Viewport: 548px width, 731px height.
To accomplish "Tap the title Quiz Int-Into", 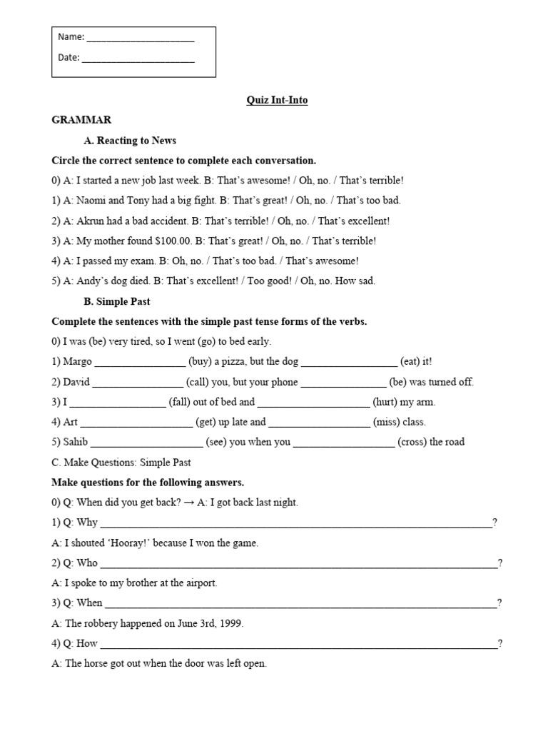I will click(x=277, y=101).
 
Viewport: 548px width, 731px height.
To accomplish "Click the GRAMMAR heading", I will click(x=81, y=120).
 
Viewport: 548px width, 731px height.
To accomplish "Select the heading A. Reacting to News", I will click(x=130, y=141).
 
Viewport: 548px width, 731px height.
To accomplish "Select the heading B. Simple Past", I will click(x=117, y=302).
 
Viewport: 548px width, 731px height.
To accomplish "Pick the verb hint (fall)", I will click(x=183, y=402).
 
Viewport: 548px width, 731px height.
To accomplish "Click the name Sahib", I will click(x=76, y=442).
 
